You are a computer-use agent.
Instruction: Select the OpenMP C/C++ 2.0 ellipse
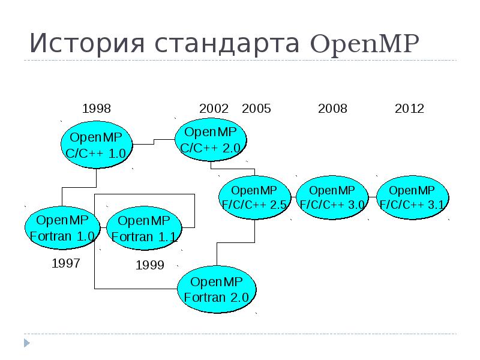(x=211, y=139)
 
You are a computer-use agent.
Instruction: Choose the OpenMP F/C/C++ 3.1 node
(x=413, y=197)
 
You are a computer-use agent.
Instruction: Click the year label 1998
(x=97, y=109)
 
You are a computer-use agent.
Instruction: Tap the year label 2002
(x=214, y=109)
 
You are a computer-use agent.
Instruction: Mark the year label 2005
(x=256, y=109)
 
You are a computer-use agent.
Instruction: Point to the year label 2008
(x=332, y=109)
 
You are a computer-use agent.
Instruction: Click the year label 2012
(x=409, y=109)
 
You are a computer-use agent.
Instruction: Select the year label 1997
(x=66, y=263)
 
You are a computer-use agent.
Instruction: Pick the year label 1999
(x=150, y=265)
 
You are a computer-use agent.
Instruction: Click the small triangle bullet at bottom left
(x=26, y=343)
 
